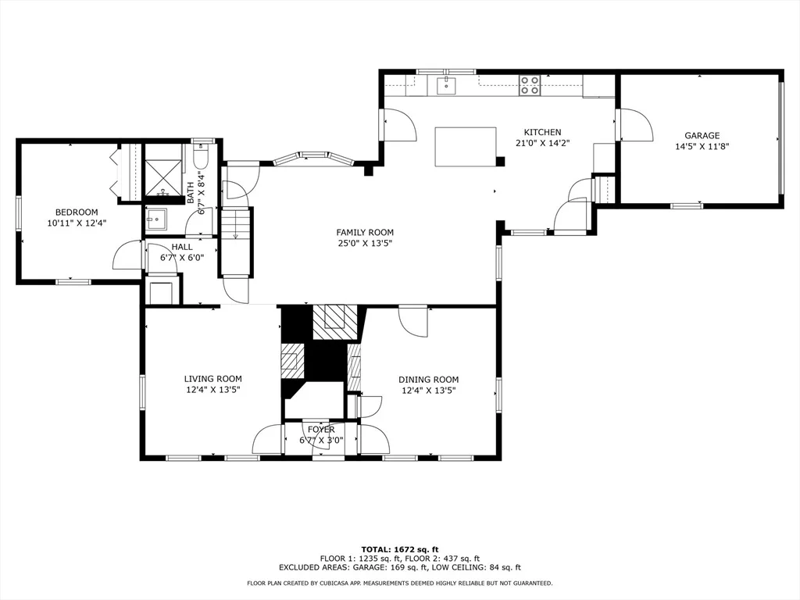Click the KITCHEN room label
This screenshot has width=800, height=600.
click(x=542, y=132)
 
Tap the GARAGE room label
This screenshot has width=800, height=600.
click(x=702, y=136)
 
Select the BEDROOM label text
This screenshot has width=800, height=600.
click(x=77, y=212)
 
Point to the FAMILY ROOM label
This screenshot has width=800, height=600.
click(x=364, y=233)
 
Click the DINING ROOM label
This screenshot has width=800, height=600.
click(x=429, y=380)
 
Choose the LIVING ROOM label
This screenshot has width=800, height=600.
click(x=212, y=379)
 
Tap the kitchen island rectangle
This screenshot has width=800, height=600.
click(x=466, y=146)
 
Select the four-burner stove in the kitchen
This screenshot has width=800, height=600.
click(x=530, y=85)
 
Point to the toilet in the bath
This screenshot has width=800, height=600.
click(x=201, y=155)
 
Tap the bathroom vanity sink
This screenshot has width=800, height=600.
click(x=156, y=220)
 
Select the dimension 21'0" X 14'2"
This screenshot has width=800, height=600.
click(x=542, y=144)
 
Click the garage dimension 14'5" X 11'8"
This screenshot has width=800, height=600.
click(x=702, y=146)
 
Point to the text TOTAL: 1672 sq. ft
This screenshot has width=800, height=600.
click(x=400, y=549)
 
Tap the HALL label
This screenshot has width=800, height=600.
click(x=182, y=247)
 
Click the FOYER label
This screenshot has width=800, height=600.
click(x=321, y=430)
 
